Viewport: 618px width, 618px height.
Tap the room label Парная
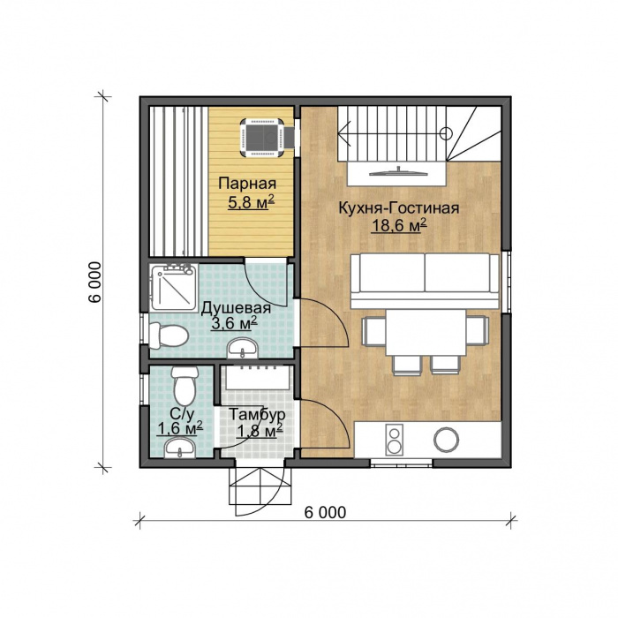(247, 184)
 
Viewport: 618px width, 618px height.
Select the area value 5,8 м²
(251, 203)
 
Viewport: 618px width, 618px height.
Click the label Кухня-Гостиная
(399, 208)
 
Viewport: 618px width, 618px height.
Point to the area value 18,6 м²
(399, 226)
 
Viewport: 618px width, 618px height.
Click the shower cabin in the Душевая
(173, 288)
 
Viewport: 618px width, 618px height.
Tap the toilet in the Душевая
(169, 335)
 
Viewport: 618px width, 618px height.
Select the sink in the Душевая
(243, 348)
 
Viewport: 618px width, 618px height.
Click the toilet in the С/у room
(185, 386)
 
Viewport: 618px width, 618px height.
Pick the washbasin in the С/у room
(179, 448)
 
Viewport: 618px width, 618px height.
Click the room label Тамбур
(258, 415)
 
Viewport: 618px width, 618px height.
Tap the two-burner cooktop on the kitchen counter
(394, 439)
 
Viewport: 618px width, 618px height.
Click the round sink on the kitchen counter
(446, 440)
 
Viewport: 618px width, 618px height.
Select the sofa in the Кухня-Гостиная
(425, 281)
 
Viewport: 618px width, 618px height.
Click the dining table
(426, 333)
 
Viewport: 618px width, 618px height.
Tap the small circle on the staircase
(445, 133)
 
